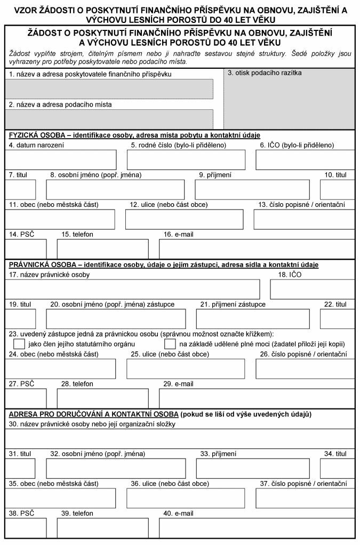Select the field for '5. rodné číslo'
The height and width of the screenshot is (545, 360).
point(186,159)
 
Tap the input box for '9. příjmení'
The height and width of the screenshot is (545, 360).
point(252,189)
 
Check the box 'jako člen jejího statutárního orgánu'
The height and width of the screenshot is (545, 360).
point(19,344)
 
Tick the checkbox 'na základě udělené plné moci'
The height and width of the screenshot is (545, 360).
point(170,344)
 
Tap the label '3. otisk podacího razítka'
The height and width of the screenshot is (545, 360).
point(265,73)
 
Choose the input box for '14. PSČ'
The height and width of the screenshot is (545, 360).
point(26,249)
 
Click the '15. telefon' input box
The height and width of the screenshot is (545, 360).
point(102,249)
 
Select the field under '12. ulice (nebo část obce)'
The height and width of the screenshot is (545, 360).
point(183,219)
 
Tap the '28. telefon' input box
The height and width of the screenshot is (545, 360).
point(102,398)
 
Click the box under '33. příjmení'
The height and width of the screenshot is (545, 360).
point(253,468)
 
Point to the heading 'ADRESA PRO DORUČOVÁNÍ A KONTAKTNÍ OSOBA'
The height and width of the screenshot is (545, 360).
point(93,414)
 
